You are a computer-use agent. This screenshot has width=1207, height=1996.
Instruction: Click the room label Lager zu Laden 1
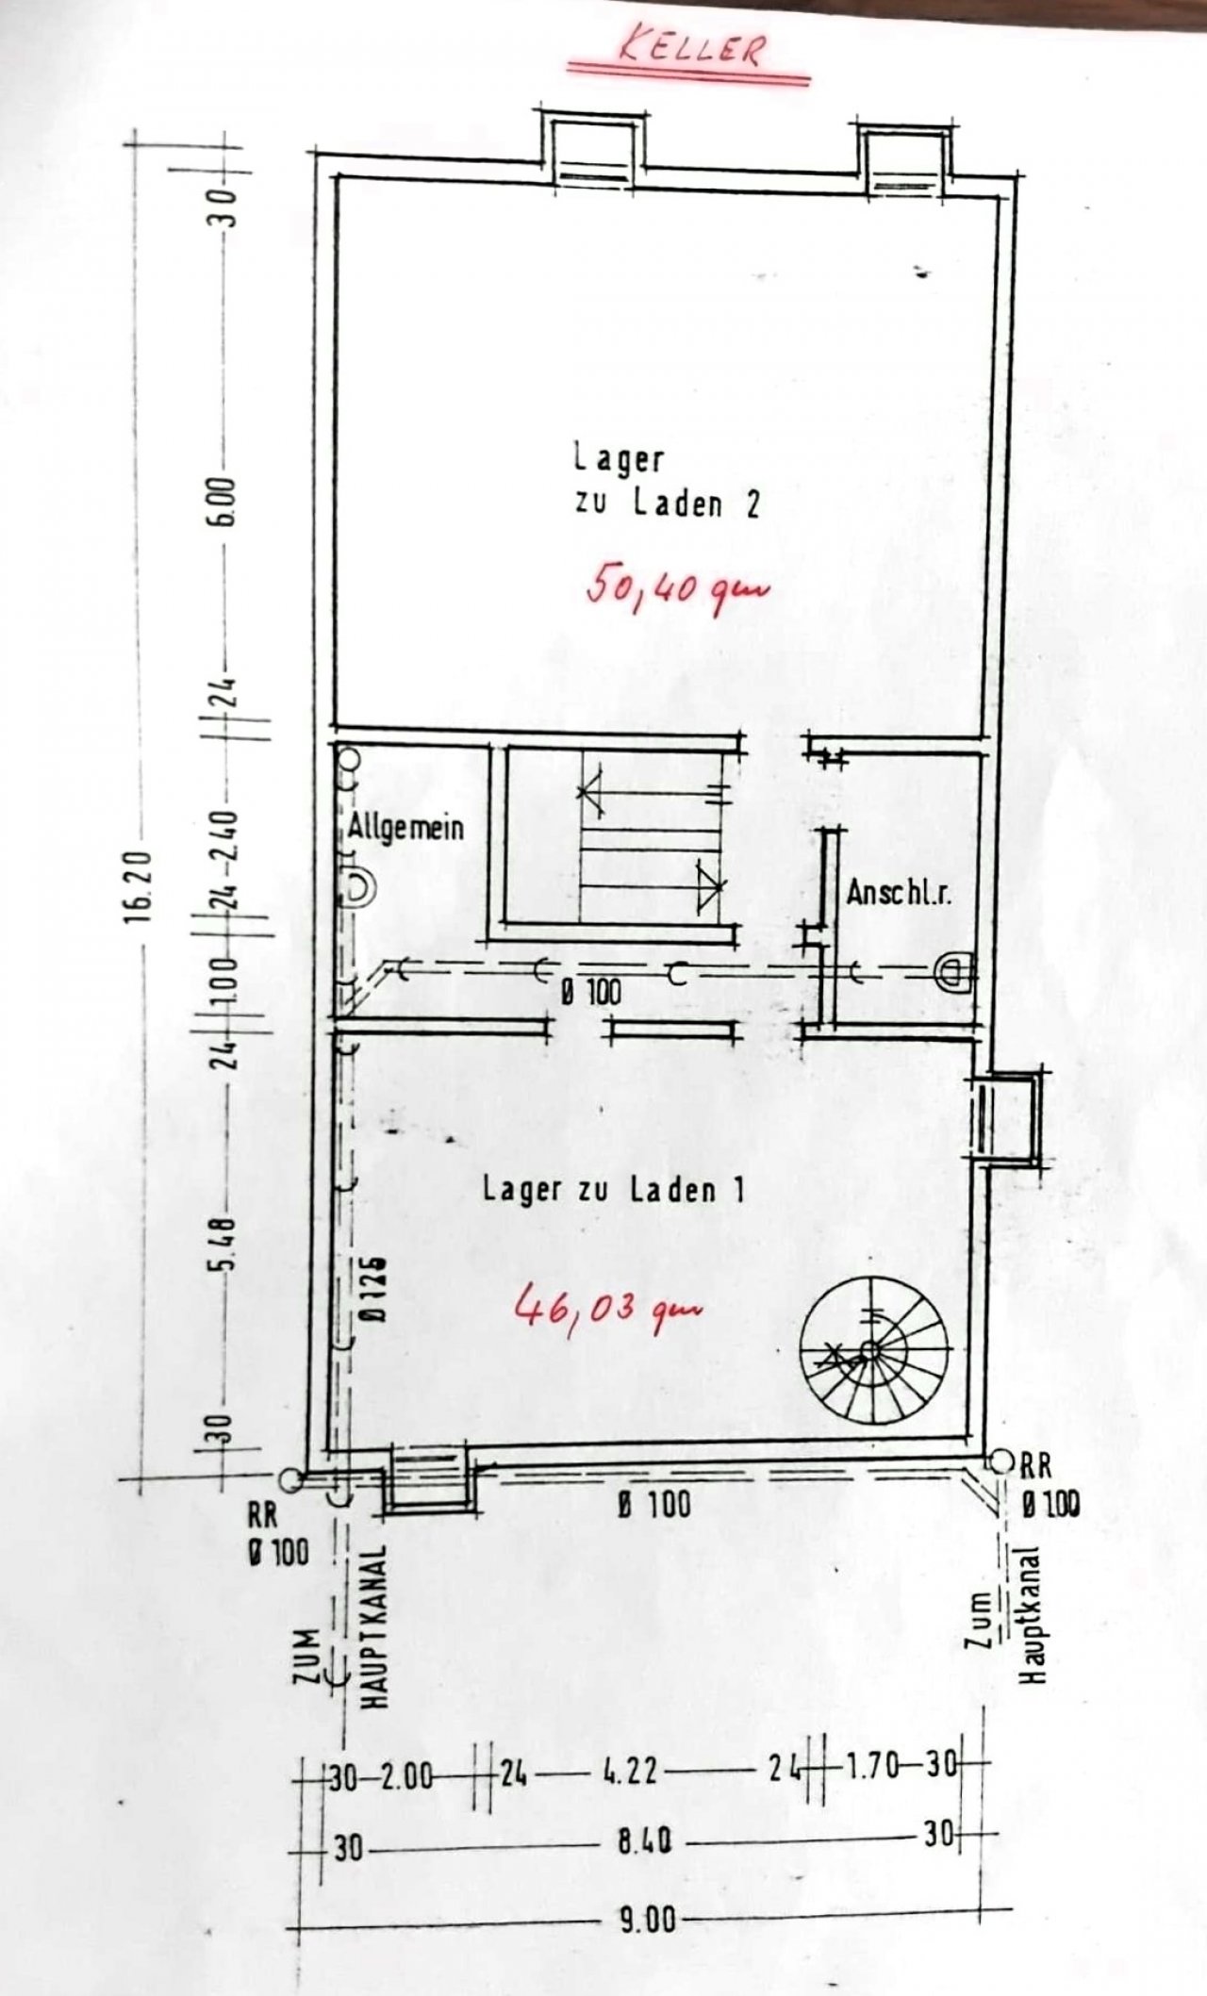click(613, 1189)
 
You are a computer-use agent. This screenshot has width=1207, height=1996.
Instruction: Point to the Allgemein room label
click(405, 828)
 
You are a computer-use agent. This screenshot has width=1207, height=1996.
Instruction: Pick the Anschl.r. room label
click(899, 893)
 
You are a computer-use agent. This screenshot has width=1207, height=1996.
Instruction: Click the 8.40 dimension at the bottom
click(645, 1866)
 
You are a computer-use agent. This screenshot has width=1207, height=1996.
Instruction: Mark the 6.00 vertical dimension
click(223, 509)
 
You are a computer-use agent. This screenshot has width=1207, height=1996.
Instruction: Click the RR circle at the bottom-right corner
click(1001, 1460)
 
